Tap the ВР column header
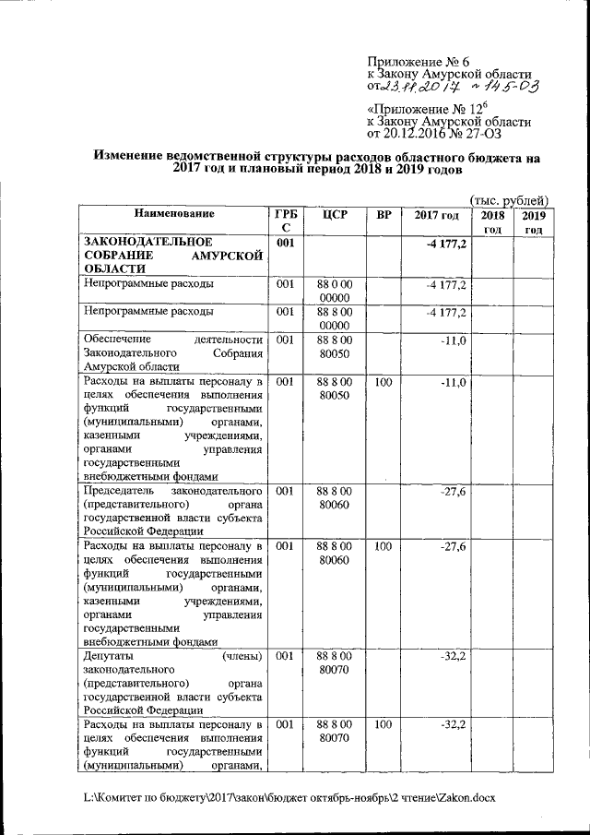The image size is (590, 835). (x=383, y=215)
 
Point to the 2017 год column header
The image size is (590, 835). (x=436, y=215)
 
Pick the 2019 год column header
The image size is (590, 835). (x=535, y=221)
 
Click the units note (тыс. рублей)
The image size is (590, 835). (x=509, y=200)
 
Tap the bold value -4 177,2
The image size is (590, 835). (x=447, y=243)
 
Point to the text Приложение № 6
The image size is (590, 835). (x=418, y=61)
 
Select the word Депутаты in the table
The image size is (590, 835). (x=110, y=655)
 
